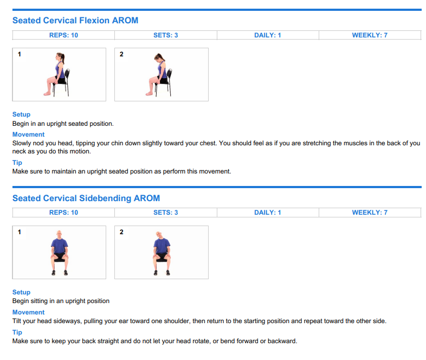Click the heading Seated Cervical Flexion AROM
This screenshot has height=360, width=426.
tap(75, 21)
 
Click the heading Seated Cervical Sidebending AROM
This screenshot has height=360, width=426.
tap(86, 198)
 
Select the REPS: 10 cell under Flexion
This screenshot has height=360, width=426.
tap(63, 35)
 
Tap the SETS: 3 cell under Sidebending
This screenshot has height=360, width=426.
tap(166, 213)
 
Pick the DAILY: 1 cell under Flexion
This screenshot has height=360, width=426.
tap(268, 35)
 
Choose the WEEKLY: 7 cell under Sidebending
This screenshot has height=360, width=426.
tap(370, 213)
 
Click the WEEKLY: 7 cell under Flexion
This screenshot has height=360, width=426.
tap(370, 35)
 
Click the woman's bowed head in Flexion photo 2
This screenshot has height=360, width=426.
tap(158, 57)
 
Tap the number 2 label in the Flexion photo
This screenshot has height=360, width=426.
tap(121, 54)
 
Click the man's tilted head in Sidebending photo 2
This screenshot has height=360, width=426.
tap(159, 234)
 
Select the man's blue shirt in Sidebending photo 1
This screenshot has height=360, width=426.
tap(60, 246)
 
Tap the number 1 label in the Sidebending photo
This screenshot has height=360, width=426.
tap(20, 232)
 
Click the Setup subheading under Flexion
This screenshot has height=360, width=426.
tap(22, 114)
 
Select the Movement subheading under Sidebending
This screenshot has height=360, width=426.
tap(29, 312)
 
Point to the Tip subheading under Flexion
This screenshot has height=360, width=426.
tap(17, 163)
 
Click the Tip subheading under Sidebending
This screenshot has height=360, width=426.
tap(17, 332)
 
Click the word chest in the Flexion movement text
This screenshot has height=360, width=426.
tap(208, 143)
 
